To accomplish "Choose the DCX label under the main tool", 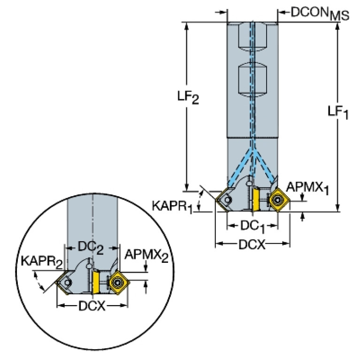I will click(x=252, y=245).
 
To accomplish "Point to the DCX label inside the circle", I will click(x=92, y=306).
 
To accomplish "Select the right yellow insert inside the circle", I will click(x=115, y=282).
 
